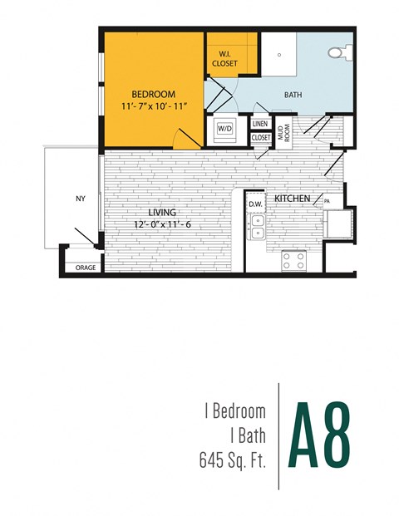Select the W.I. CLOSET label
coord(224,60)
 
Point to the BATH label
coord(293,95)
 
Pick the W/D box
coord(225,129)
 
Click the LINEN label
coord(260,125)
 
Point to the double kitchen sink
coord(258,227)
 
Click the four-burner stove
coord(294,261)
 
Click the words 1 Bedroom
coord(234,411)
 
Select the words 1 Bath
coord(248,434)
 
